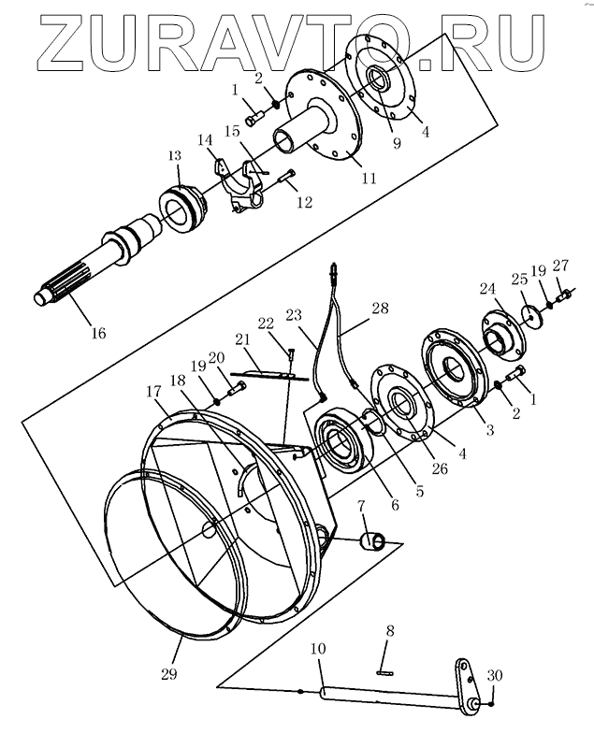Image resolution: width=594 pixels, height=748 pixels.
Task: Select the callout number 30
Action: [x=494, y=676]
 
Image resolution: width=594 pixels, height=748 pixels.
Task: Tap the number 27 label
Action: [x=560, y=265]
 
